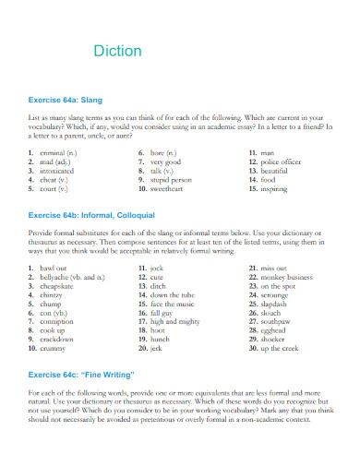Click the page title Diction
[x=117, y=51]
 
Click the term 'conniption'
[x=59, y=322]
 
